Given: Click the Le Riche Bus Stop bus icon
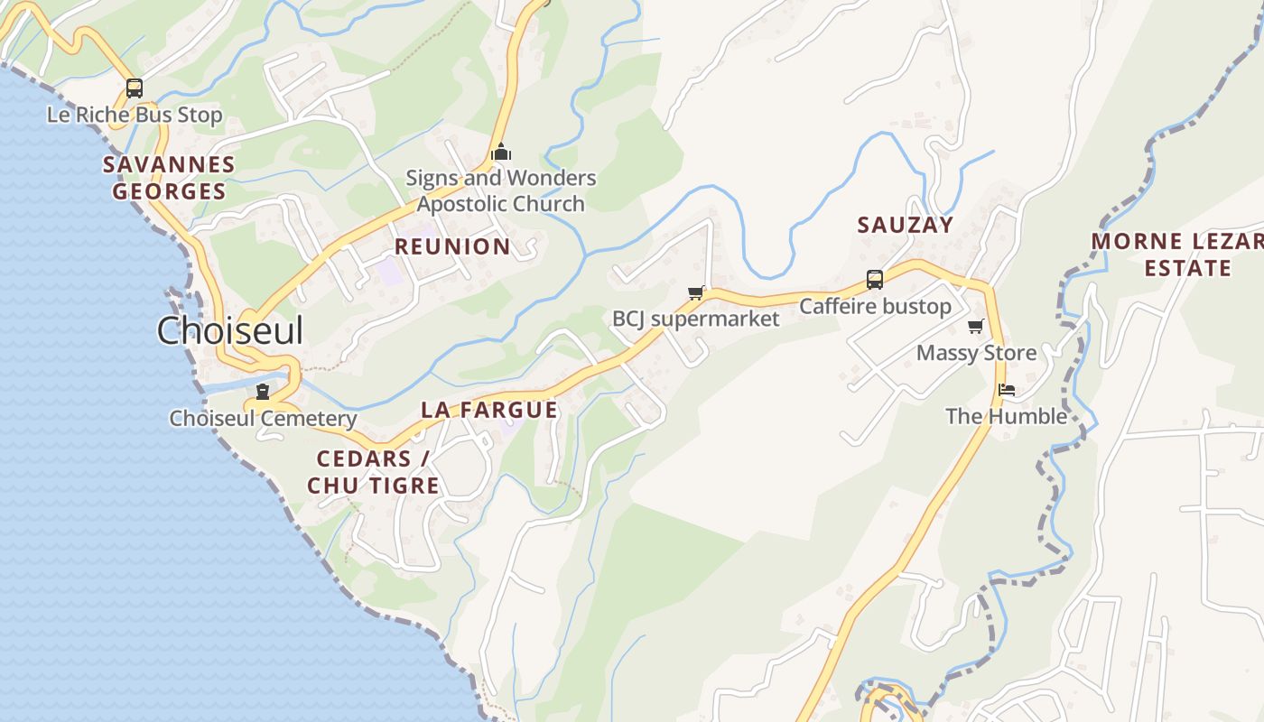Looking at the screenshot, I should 135,88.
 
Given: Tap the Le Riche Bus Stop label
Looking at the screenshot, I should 135,116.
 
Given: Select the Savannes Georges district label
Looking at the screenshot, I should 169,178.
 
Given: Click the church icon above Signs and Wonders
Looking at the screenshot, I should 501,152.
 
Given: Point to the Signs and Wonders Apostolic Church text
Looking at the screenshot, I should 501,190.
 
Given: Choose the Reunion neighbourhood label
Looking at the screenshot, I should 452,246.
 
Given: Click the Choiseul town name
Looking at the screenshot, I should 230,331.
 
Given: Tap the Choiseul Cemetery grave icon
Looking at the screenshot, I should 263,392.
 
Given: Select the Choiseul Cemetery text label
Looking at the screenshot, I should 263,419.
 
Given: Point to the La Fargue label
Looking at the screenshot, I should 489,410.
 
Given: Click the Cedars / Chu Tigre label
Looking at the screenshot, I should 374,472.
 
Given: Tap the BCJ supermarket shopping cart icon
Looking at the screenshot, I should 695,292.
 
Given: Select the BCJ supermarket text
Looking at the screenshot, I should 695,319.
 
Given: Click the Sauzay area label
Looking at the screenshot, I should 905,226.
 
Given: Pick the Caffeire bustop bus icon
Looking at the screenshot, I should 875,280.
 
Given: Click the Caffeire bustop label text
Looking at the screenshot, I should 875,307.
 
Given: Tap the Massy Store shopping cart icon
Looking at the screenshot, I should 975,327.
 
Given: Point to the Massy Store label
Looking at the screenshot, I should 976,353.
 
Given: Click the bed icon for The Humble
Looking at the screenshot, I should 1007,390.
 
